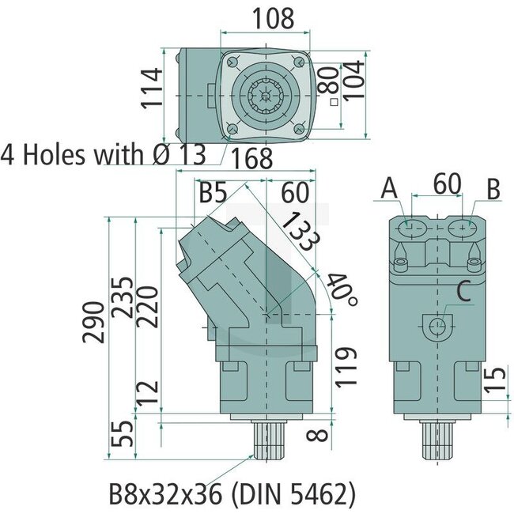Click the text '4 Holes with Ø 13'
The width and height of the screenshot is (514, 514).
103,153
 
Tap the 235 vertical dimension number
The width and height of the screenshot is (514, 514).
123,296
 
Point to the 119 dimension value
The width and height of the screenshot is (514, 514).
342,365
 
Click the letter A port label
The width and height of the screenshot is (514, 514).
388,188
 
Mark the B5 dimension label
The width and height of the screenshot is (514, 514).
213,192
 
